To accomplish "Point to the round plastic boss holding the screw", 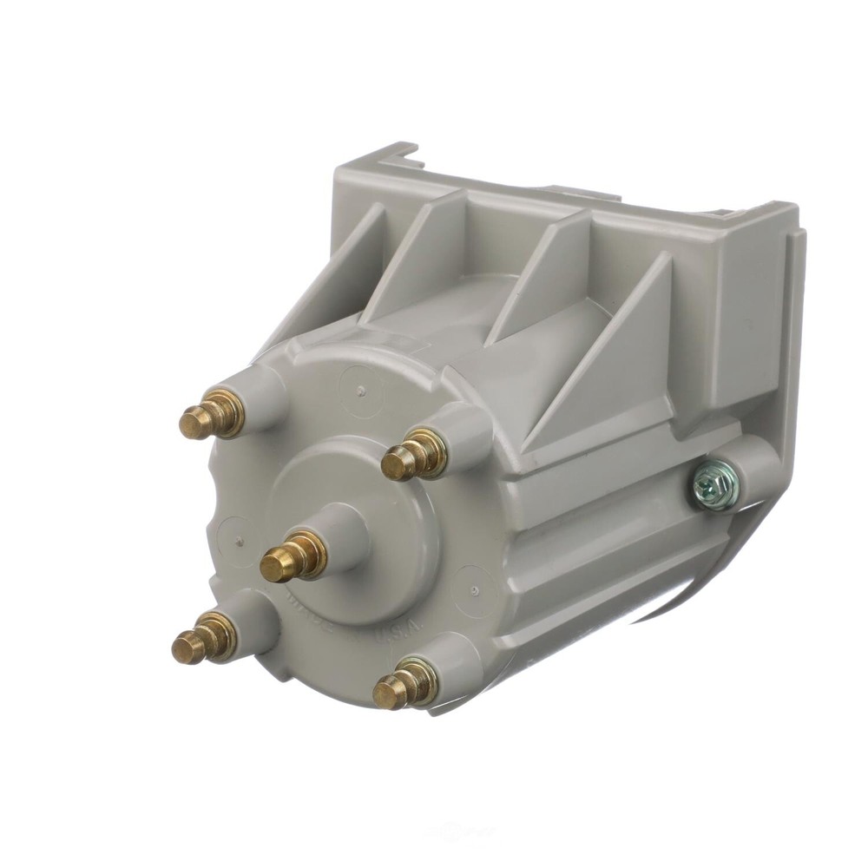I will pyautogui.click(x=746, y=473).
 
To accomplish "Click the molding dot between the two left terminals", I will pyautogui.click(x=237, y=539).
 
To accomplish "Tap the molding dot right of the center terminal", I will pyautogui.click(x=473, y=589).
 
